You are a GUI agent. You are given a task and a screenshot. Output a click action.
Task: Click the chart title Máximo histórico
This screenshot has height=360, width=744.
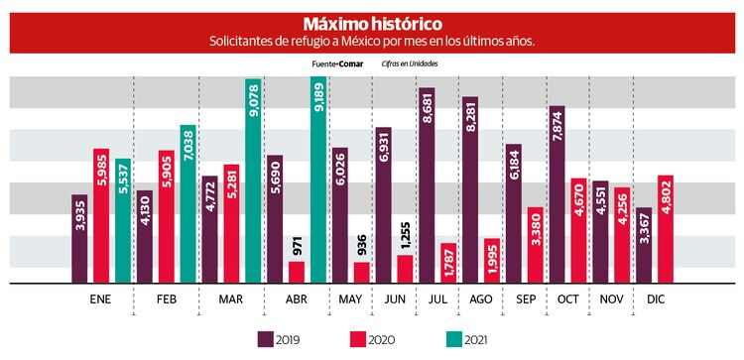click(372, 22)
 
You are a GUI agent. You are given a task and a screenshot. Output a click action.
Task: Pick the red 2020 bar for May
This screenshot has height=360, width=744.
click(360, 272)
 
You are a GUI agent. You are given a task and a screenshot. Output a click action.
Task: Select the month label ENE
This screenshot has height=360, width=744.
click(100, 299)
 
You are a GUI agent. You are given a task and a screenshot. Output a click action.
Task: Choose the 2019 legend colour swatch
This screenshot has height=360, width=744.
click(266, 340)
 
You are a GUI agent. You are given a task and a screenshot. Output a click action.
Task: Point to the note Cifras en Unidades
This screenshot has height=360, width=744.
click(410, 63)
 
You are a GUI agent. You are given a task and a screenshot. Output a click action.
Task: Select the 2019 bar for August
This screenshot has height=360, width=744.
click(470, 189)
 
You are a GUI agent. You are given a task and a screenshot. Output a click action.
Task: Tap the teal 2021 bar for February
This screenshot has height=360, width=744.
click(188, 203)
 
